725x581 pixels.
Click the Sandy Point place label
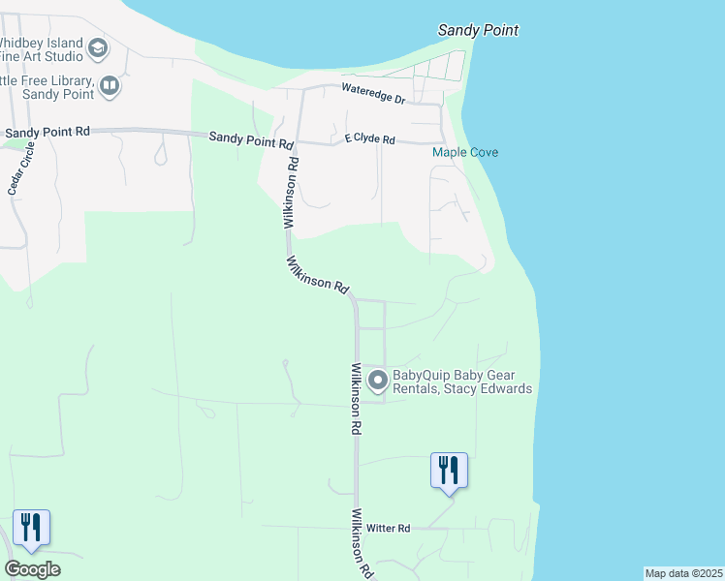(478, 30)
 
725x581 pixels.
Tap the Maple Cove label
(464, 153)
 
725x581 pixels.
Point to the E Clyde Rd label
(369, 139)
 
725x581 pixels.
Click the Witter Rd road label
(389, 528)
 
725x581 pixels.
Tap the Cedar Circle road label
(22, 169)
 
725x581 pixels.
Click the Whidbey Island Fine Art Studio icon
(98, 47)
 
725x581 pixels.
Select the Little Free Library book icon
(110, 88)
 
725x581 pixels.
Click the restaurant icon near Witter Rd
(449, 471)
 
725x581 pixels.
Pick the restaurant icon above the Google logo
(31, 528)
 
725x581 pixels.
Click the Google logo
(32, 569)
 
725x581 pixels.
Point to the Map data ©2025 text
(683, 573)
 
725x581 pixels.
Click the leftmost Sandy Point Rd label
(47, 132)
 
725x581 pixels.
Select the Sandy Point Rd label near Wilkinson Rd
(251, 139)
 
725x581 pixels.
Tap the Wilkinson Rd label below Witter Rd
(362, 543)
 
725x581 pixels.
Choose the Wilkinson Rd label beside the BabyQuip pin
(357, 399)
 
